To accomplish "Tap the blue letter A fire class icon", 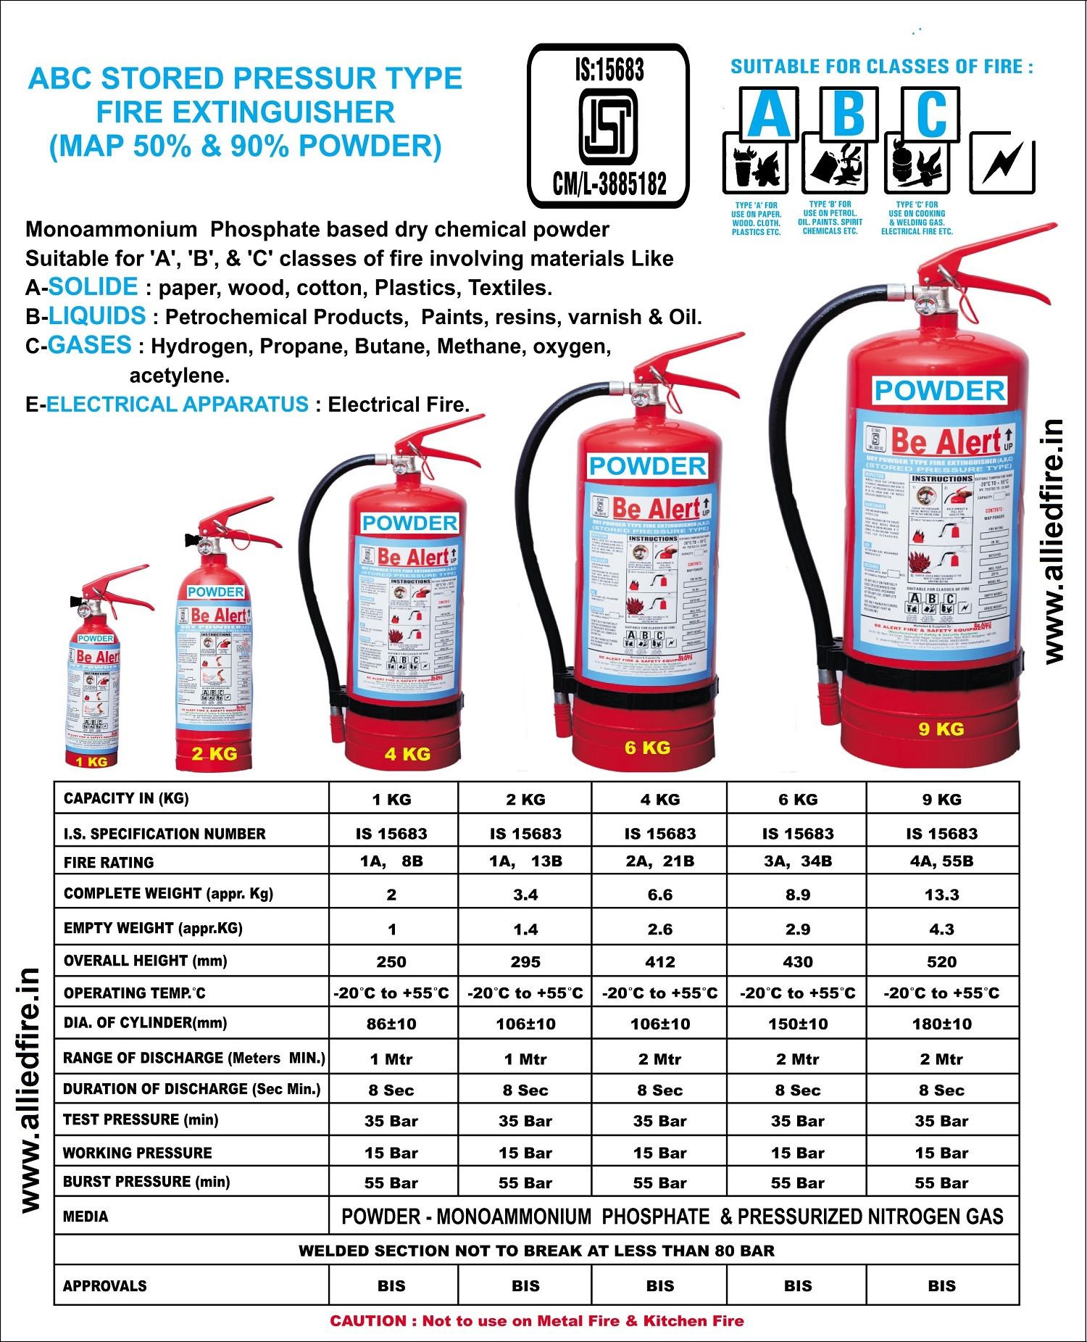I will pos(769,115).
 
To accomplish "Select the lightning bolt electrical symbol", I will pos(1002,164).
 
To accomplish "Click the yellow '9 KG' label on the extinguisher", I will pos(941,729).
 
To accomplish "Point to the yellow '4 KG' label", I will pos(407,754).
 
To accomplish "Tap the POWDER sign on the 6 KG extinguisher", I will pos(648,466).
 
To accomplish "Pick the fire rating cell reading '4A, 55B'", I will pos(941,861).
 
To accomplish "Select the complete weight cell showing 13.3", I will pos(941,895).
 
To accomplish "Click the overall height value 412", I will pos(659,962).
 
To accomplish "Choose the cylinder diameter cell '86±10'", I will pos(391,1024).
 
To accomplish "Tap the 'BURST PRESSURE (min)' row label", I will pos(146,1182).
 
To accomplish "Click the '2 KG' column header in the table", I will pos(525,800).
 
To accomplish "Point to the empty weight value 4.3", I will pos(941,929).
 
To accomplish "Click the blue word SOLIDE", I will pos(93,287).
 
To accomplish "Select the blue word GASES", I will pos(90,345).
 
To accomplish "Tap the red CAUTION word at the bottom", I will pos(369,1321).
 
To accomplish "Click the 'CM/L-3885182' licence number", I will pos(609,184).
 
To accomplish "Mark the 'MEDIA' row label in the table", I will pos(86,1217).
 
